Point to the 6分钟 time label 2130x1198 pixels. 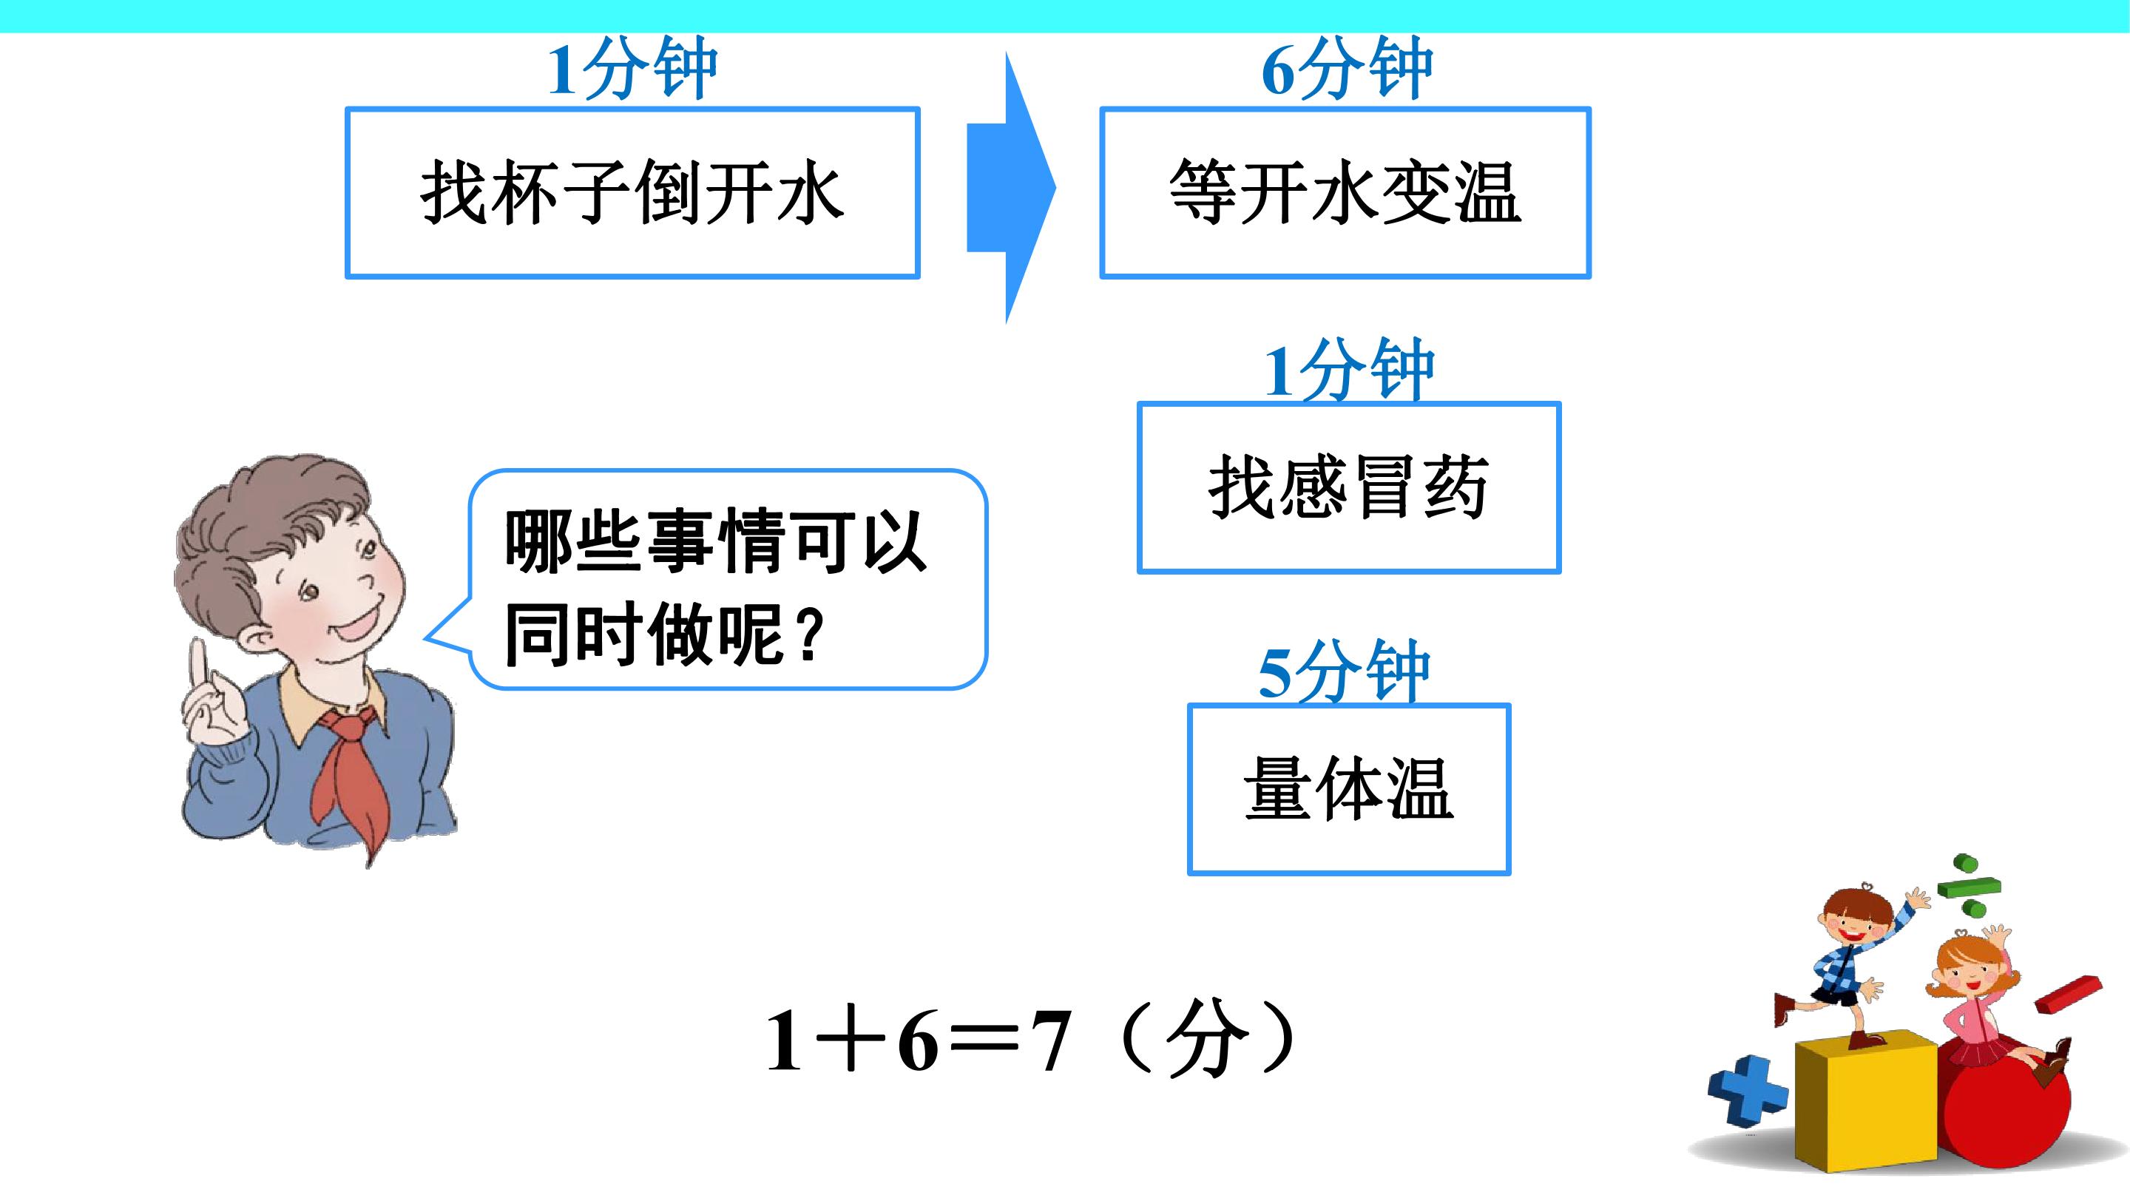1346,69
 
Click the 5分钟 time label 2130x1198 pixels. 1344,671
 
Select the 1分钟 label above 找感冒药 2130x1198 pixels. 1348,370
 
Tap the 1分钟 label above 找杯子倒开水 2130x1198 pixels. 632,69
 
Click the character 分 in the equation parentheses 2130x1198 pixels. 1206,1040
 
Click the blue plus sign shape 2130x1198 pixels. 1746,1091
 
